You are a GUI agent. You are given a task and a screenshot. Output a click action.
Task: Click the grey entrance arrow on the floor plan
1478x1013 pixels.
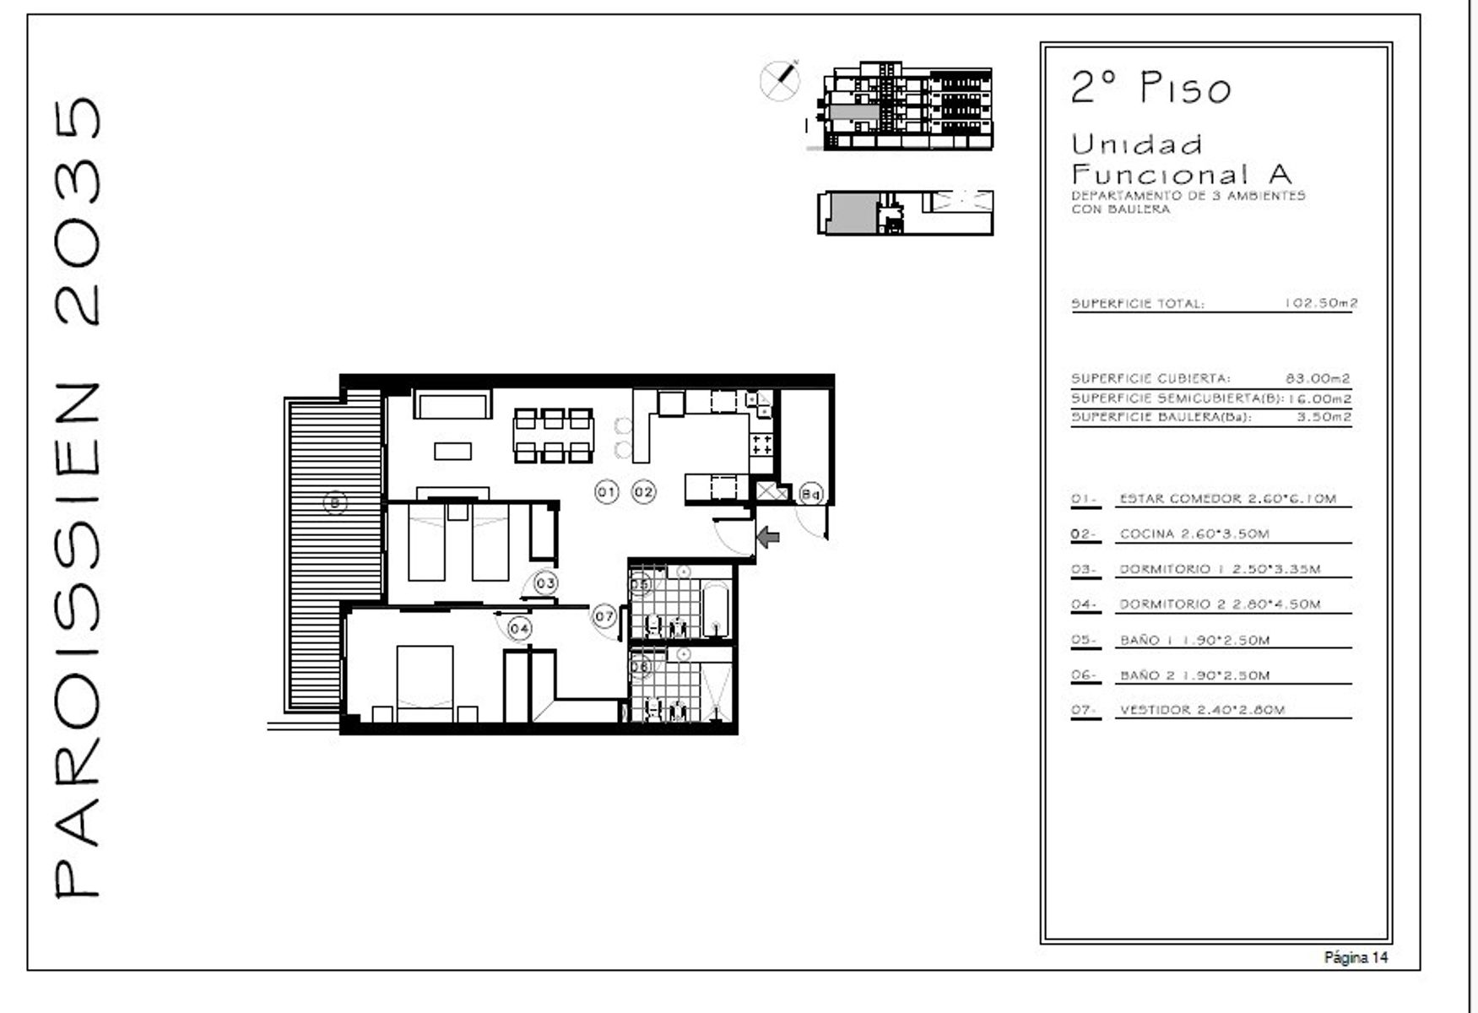coord(767,536)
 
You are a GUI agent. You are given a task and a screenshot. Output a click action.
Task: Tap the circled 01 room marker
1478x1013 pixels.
coord(606,491)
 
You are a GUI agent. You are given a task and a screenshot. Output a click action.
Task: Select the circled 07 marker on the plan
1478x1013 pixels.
coord(604,616)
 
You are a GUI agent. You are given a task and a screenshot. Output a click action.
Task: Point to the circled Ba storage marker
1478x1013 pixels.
coord(810,493)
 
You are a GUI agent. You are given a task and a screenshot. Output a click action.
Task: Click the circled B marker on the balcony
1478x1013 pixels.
coord(335,503)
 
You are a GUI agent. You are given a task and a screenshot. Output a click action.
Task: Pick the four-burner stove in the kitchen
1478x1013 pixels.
coord(761,445)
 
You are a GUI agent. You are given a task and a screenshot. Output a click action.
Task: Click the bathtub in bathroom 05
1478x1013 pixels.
coord(716,609)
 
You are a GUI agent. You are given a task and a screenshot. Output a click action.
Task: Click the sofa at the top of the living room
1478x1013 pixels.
coord(452,404)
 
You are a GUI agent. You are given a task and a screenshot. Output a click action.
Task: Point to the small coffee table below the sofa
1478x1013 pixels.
coord(453,451)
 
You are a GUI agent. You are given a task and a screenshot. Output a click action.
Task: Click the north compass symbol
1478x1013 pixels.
coord(780,80)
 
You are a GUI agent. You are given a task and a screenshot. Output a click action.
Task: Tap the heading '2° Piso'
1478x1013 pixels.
coord(1151,88)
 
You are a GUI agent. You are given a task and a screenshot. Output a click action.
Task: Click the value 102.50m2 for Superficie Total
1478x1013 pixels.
coord(1321,302)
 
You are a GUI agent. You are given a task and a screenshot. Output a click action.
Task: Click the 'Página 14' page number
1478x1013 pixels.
coord(1356,957)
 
